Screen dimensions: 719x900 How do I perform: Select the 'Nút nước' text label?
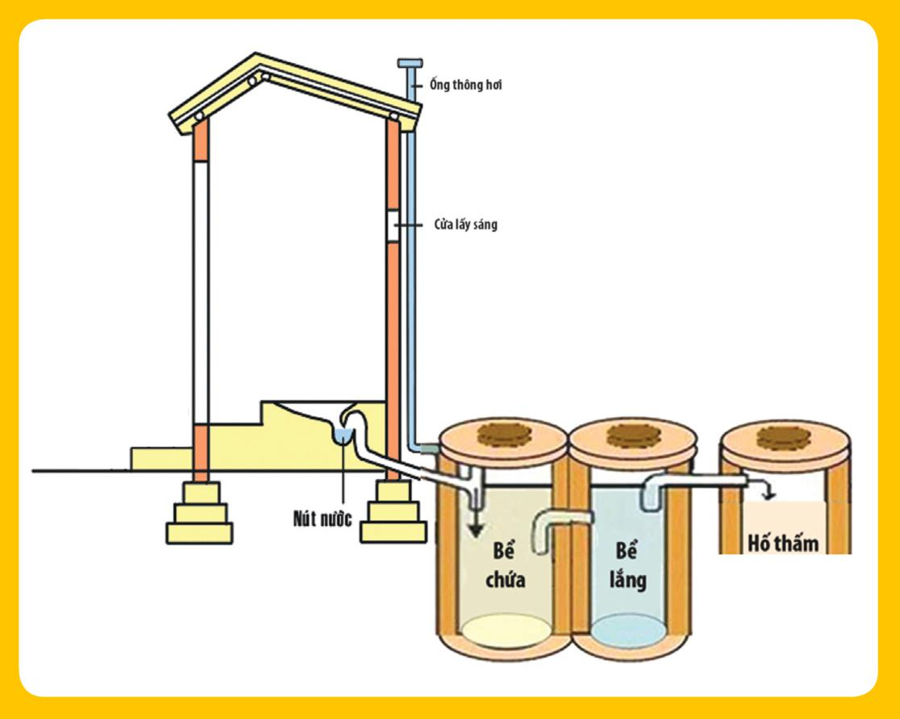pos(322,519)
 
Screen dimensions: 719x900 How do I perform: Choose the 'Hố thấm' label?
pos(782,542)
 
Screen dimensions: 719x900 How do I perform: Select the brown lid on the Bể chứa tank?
pos(503,435)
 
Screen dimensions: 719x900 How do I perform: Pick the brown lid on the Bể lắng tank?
pos(631,435)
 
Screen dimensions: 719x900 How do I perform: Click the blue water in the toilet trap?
pos(343,435)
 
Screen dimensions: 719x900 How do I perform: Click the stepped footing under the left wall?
pos(199,512)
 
